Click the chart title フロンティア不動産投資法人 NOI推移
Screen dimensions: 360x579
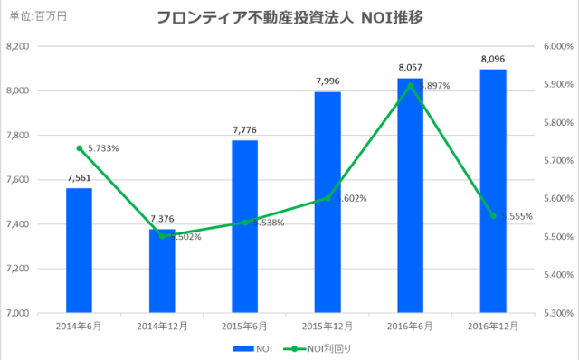tap(289, 16)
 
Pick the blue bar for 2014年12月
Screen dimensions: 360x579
tap(162, 271)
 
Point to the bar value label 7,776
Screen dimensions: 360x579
tap(244, 131)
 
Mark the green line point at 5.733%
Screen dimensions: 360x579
tap(80, 148)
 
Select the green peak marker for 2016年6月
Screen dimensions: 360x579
tap(411, 86)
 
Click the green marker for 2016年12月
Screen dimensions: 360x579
tap(493, 215)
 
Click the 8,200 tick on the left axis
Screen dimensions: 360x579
tap(18, 46)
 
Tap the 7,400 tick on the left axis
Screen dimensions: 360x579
tap(18, 224)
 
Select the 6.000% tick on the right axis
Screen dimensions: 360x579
tap(555, 46)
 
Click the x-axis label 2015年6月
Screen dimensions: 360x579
tap(244, 325)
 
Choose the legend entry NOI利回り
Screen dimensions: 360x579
tap(314, 348)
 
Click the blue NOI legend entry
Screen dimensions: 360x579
tap(253, 348)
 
